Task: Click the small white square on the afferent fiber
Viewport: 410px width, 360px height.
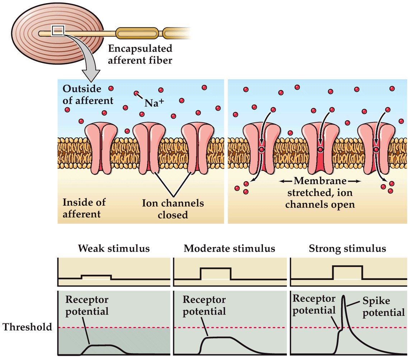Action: tap(57, 31)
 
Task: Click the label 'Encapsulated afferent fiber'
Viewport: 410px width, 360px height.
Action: tap(140, 54)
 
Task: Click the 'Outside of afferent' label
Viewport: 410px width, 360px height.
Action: tap(88, 94)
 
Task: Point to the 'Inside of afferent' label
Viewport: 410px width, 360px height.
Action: tap(84, 208)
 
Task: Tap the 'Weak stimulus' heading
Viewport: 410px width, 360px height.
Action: tap(114, 248)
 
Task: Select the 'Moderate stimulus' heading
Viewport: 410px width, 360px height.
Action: tap(229, 248)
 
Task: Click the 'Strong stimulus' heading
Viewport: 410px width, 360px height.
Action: tap(347, 248)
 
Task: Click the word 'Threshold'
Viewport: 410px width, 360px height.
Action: tap(27, 327)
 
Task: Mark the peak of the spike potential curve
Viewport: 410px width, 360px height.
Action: tap(344, 296)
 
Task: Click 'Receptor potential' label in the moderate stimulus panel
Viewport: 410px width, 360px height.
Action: tap(204, 305)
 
